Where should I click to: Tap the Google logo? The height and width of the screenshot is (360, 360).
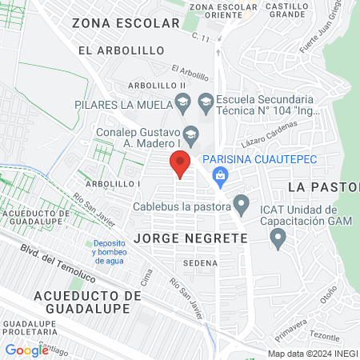coord(26,350)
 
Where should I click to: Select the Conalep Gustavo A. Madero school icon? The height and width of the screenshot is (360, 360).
coord(190,133)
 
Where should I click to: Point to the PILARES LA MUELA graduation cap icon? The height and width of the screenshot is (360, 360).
coord(184,104)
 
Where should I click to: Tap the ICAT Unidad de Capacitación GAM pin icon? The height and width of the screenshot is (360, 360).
coord(278,238)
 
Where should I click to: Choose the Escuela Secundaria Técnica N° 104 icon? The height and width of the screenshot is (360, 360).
coord(206,102)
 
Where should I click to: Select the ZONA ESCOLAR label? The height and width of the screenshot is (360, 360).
coord(126,23)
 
